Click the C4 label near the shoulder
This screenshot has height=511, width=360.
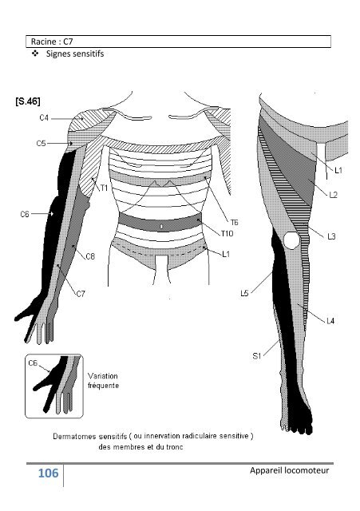point(44,117)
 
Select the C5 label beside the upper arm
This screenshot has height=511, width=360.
point(41,143)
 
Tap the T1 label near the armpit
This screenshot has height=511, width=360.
point(104,188)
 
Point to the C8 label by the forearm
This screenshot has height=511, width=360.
point(90,256)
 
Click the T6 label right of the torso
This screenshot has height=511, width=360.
point(234,222)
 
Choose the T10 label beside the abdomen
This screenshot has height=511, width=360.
point(227,233)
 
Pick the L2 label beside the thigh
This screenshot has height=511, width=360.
point(334,195)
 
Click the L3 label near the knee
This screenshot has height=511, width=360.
point(331,236)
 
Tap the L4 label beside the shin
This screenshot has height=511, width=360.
point(330,321)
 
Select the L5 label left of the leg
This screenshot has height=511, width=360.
point(244,293)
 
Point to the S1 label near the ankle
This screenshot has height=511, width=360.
point(257,356)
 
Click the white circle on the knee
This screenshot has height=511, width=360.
point(291,240)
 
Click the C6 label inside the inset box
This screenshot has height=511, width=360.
point(33,363)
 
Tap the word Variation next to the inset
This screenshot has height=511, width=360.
point(103,376)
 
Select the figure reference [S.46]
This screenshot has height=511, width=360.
point(28,101)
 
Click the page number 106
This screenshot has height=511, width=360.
point(48,473)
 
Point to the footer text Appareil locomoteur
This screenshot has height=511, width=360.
point(290,470)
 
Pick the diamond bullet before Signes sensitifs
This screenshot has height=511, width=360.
point(35,53)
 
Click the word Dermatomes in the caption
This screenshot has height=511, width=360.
point(74,436)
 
